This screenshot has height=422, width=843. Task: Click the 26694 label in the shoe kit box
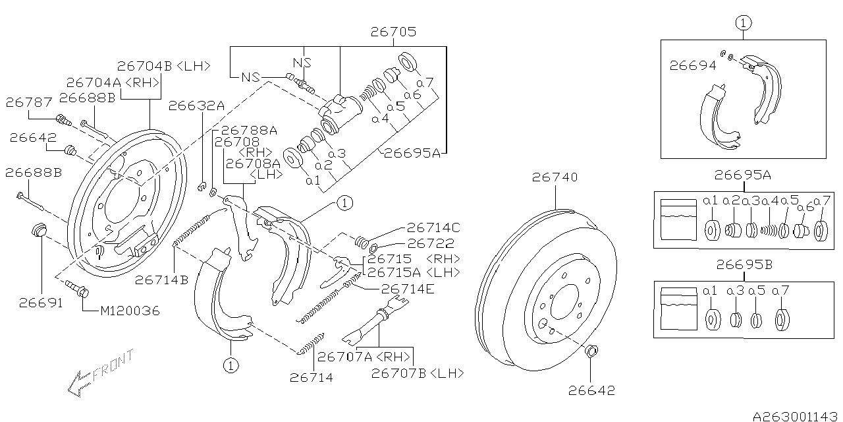(692, 65)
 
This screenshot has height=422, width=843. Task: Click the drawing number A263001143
(796, 416)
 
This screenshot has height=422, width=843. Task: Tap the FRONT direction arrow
(99, 375)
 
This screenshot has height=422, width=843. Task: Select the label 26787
(28, 102)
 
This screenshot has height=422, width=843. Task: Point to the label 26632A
(196, 105)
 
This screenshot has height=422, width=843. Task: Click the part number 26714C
(433, 227)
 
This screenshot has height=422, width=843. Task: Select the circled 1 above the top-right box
(743, 23)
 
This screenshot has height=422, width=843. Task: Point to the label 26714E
(408, 288)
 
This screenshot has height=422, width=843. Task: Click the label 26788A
(249, 131)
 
